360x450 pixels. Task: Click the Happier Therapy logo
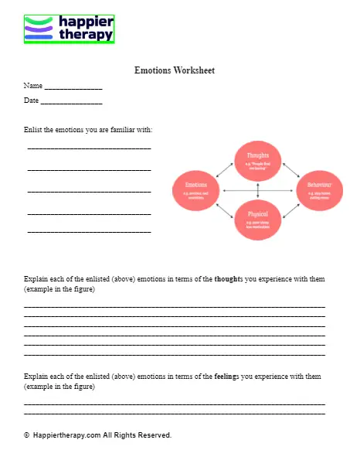point(69,29)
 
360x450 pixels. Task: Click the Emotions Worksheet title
point(175,70)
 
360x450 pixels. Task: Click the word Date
point(31,101)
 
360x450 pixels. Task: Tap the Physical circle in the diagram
point(258,218)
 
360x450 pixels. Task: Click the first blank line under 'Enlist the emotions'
point(89,148)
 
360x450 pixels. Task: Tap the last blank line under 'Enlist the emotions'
point(89,232)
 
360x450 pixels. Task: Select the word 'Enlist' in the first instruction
point(34,129)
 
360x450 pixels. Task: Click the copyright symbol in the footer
point(26,435)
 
